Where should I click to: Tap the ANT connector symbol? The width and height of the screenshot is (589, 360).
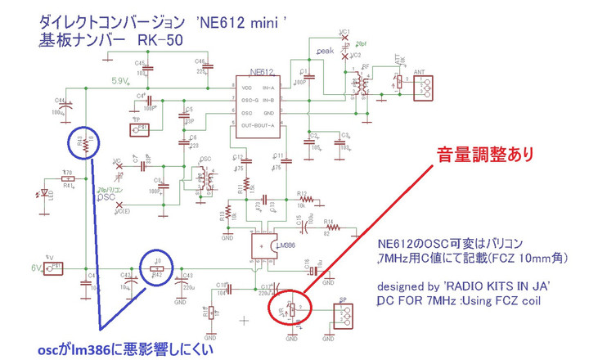pyautogui.click(x=420, y=87)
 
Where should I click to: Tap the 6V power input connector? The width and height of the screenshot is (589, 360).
pyautogui.click(x=54, y=267)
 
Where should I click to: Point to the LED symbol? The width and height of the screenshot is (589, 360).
pyautogui.click(x=44, y=193)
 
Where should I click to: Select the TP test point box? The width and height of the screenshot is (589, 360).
pyautogui.click(x=142, y=128)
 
